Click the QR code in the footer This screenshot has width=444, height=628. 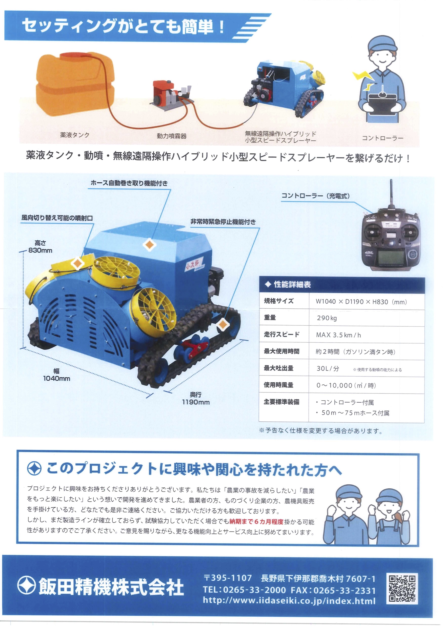402,588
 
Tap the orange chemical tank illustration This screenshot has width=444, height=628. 74,83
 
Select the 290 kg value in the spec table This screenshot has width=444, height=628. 327,318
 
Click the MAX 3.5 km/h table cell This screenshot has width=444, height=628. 338,335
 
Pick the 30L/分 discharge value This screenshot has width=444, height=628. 328,368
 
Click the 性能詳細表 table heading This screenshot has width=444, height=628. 292,284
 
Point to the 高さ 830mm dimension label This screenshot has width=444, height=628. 40,246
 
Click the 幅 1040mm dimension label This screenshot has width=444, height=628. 57,375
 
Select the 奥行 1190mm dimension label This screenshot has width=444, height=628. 196,398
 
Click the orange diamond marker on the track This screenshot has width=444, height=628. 223,324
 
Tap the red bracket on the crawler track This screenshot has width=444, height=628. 196,345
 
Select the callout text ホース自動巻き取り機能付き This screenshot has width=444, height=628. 129,183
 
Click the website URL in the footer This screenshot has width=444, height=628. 289,601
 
